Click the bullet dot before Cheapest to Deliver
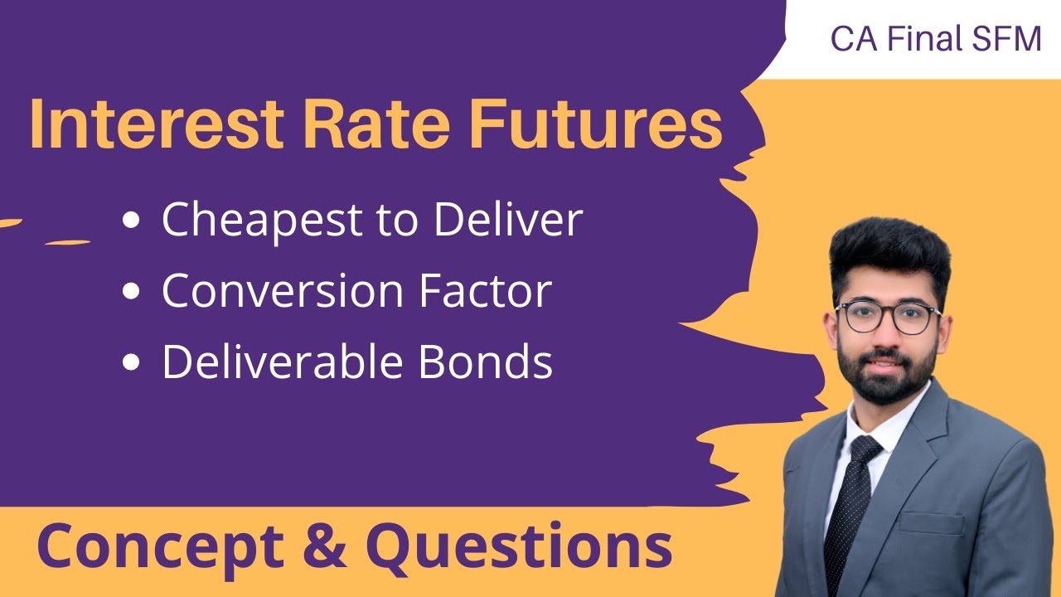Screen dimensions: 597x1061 coord(131,221)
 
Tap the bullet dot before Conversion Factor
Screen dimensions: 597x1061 coord(131,292)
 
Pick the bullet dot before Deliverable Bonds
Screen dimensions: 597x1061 coord(131,363)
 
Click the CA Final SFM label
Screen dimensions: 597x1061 coord(936,39)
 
